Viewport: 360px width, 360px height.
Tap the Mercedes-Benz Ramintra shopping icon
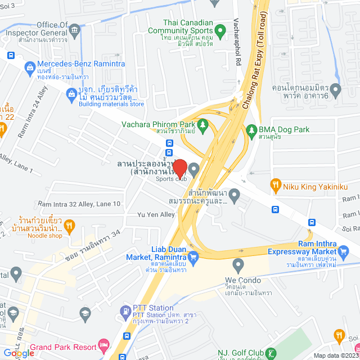pos(29,68)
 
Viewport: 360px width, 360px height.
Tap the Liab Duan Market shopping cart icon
pos(193,257)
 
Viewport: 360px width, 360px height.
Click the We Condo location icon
pos(238,264)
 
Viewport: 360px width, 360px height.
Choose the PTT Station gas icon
pos(125,310)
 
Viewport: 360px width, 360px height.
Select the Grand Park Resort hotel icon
pos(103,344)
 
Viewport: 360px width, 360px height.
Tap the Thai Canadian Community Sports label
pos(184,30)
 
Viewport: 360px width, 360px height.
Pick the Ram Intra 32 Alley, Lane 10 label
pos(79,204)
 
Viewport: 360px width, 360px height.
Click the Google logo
pos(19,353)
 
